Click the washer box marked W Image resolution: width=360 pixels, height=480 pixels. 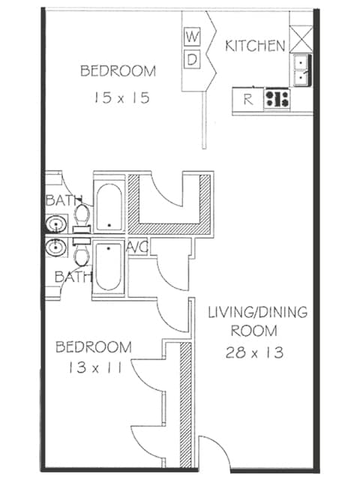point(193,37)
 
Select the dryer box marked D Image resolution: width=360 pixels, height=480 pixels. point(193,58)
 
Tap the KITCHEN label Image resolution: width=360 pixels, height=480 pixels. point(255,46)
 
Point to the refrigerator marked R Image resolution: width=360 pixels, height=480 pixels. point(247,98)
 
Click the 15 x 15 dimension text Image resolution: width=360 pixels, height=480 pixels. point(118,97)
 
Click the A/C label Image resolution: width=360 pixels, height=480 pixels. point(137,247)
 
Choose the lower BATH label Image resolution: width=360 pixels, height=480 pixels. point(72,277)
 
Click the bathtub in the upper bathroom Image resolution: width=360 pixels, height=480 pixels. point(109,205)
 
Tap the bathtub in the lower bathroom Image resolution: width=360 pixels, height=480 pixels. point(109,268)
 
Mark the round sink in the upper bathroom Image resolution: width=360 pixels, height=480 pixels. point(55,224)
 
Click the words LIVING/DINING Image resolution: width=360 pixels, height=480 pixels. point(256,311)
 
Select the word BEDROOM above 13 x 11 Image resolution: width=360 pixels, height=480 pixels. point(94,347)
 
